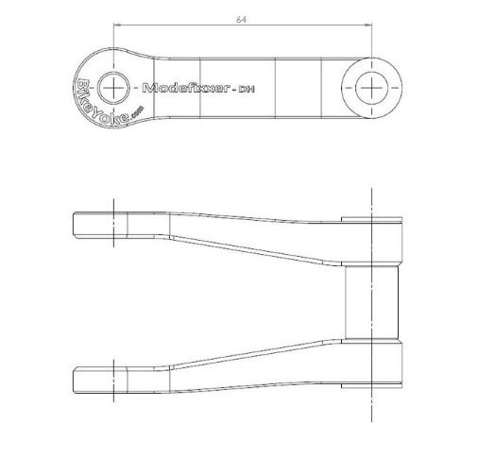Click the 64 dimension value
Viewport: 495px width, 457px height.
point(241,19)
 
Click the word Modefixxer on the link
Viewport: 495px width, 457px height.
point(185,88)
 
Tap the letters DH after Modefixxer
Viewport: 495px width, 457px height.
point(247,89)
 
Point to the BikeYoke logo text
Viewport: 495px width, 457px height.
point(100,104)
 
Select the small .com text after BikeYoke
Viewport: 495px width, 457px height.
point(137,111)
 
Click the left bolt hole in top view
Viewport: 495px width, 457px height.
point(113,88)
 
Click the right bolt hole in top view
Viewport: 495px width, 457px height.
point(371,88)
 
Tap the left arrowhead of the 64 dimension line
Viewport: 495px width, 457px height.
point(117,25)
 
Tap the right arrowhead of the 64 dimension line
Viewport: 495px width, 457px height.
point(368,25)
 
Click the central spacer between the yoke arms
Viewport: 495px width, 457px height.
point(371,303)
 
